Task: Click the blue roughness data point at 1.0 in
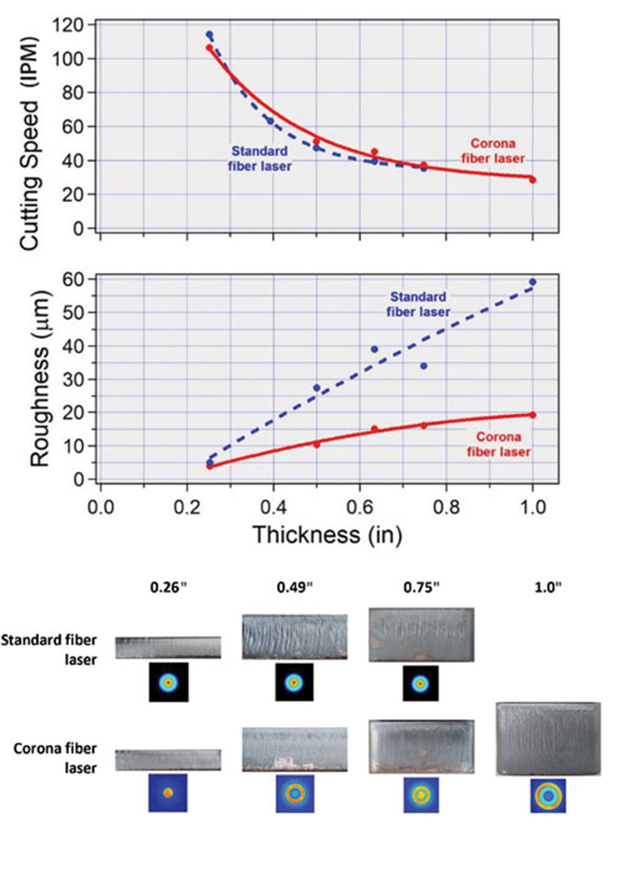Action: [532, 282]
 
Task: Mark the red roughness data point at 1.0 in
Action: [532, 415]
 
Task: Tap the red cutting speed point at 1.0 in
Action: [532, 180]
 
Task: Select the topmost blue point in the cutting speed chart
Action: [210, 34]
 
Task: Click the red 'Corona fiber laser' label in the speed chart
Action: [497, 151]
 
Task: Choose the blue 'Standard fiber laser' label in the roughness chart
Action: [418, 303]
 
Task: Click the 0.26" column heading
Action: [166, 591]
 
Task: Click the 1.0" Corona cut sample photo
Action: [548, 740]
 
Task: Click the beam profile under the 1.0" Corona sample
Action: [548, 795]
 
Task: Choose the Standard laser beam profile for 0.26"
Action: [168, 682]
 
